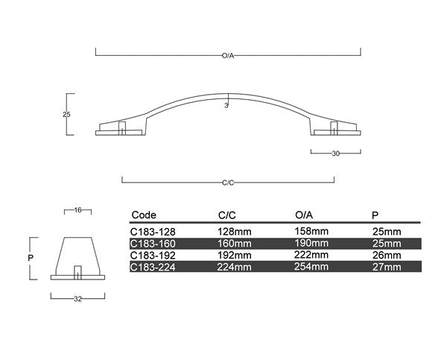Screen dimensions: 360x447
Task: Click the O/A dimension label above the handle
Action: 228,54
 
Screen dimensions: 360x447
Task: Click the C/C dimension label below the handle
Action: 228,183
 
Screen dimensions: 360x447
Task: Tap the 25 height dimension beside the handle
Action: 66,114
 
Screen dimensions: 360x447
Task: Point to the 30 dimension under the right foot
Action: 335,153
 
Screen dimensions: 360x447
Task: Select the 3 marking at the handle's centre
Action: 226,106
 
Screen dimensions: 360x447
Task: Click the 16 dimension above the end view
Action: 77,211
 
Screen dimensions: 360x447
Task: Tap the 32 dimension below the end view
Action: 77,299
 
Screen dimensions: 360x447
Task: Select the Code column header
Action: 144,214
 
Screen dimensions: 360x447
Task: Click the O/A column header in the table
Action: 304,214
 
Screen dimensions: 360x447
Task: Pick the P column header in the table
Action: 375,214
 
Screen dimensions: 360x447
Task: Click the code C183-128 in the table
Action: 153,232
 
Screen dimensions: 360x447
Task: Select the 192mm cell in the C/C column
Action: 234,254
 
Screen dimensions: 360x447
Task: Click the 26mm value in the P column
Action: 386,254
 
